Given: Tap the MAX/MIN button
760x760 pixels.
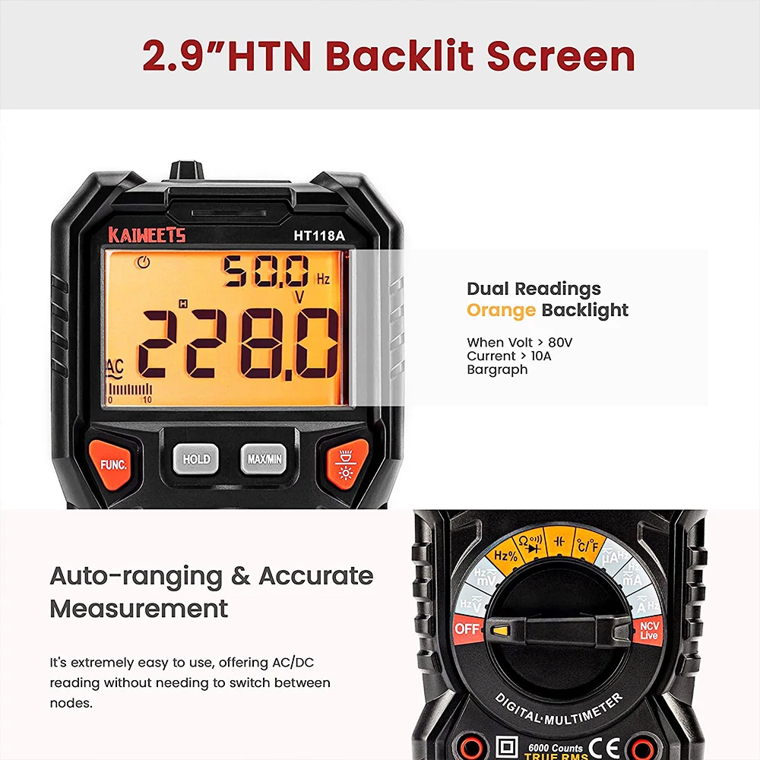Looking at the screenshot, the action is click(x=264, y=458).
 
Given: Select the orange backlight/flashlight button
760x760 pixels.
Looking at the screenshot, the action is click(x=346, y=464).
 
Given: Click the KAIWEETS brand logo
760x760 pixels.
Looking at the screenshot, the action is click(x=147, y=235).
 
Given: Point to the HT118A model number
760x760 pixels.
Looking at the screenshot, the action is click(x=319, y=236).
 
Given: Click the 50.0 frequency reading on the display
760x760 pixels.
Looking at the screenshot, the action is click(x=265, y=271).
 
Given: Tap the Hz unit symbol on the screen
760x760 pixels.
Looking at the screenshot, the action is click(x=323, y=279).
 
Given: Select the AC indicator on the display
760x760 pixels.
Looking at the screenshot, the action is click(x=115, y=369).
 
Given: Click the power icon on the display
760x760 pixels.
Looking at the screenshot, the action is click(x=143, y=262).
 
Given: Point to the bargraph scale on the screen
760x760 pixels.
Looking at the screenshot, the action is click(x=130, y=394).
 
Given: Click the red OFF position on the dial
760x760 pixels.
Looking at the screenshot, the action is click(x=467, y=629).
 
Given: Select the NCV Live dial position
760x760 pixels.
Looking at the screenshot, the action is click(x=648, y=631).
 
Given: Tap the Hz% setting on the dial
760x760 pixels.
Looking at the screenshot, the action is click(x=505, y=555).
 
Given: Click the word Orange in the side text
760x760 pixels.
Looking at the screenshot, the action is click(x=501, y=310).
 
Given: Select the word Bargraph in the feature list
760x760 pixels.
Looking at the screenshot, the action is click(x=497, y=370).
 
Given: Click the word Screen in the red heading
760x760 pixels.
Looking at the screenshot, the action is click(x=561, y=56).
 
